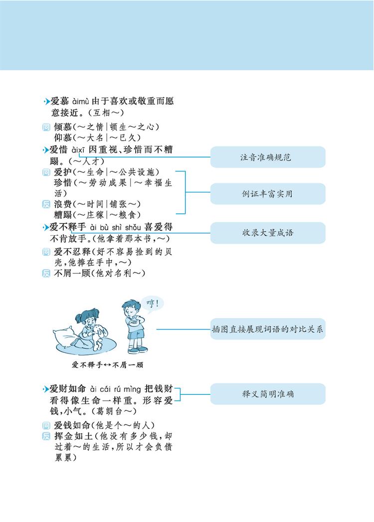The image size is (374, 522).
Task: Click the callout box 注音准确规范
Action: [268, 157]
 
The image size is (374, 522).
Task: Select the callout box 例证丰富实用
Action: [268, 193]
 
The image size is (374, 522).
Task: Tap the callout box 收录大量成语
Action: [268, 232]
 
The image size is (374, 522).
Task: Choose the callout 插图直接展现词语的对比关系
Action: [268, 329]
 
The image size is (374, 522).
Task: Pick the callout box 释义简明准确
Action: [268, 393]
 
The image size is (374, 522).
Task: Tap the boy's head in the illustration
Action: [130, 306]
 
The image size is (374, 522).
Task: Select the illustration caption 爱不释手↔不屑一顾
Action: [107, 365]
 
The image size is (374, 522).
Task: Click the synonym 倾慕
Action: [63, 127]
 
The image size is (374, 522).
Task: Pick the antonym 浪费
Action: [63, 204]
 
